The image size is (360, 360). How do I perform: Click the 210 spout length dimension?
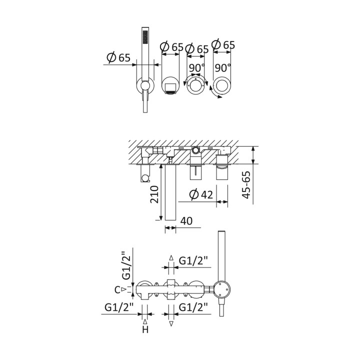[154, 194]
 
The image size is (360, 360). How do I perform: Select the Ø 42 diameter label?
[201, 194]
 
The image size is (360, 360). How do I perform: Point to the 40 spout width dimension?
[186, 221]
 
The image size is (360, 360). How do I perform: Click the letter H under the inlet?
[145, 330]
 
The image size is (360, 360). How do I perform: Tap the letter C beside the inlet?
[117, 290]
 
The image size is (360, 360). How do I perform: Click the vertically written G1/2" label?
[126, 265]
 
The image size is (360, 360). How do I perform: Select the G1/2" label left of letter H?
[119, 307]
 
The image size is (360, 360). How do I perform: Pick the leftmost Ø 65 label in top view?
[118, 57]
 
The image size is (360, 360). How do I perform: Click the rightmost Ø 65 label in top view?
[223, 45]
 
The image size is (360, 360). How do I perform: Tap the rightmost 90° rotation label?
[222, 68]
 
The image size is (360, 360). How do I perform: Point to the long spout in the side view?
[170, 192]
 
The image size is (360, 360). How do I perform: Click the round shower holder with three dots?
[221, 289]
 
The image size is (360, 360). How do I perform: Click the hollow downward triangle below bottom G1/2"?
[171, 324]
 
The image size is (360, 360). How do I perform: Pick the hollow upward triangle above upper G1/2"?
[171, 257]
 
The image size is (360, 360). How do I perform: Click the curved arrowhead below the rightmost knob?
[220, 97]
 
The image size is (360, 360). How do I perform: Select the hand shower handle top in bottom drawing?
[221, 231]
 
